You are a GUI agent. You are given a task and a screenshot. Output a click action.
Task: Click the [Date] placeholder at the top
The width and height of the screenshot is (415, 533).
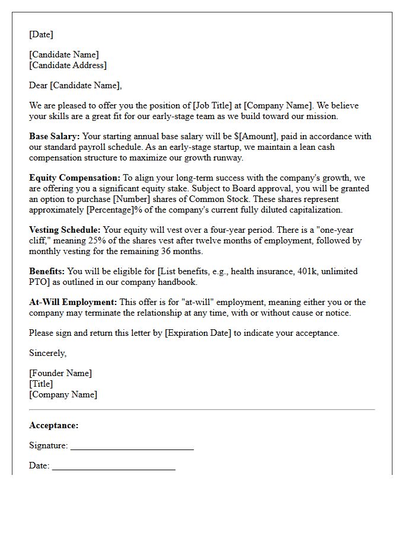tap(41, 34)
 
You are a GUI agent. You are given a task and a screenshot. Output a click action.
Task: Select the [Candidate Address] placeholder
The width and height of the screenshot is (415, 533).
tap(68, 65)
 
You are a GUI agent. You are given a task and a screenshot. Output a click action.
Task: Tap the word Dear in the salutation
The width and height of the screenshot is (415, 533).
tap(39, 85)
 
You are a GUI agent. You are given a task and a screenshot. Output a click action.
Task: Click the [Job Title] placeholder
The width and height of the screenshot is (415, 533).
tap(212, 105)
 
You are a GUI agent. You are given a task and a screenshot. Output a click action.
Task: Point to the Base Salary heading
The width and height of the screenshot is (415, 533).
tap(54, 136)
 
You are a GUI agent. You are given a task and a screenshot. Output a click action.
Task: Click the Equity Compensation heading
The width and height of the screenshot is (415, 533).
tap(75, 178)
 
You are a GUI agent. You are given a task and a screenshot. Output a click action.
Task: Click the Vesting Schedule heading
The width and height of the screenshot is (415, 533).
tap(65, 230)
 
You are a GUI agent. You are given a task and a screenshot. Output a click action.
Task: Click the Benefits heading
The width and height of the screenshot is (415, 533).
tap(47, 271)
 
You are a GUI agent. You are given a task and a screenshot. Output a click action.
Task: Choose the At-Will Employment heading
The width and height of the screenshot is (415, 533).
tap(73, 302)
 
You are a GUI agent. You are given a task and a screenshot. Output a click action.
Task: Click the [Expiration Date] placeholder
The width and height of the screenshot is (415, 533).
tap(197, 333)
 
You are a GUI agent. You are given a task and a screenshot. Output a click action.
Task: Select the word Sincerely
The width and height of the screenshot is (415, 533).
tap(47, 353)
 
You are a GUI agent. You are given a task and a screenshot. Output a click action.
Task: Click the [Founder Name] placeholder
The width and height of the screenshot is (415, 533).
tap(60, 373)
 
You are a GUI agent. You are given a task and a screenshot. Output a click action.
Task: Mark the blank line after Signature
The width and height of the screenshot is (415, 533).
tap(132, 448)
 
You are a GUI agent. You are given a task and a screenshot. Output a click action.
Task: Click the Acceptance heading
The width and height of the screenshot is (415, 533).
tap(53, 425)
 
